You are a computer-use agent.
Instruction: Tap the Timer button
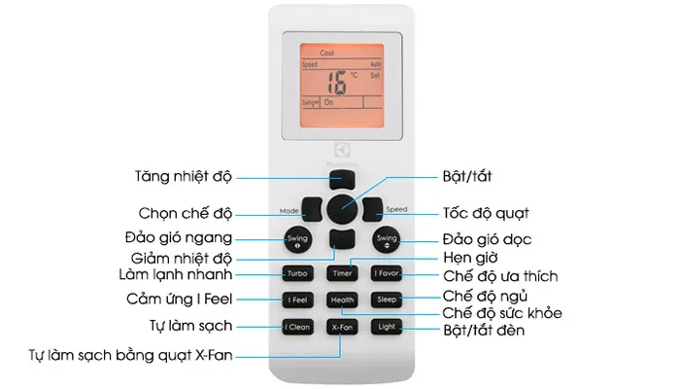[x=341, y=274]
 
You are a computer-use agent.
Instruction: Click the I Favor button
[x=387, y=274]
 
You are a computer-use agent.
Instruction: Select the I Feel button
[x=297, y=301]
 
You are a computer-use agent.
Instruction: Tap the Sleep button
[x=387, y=301]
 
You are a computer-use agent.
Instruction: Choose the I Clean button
[x=297, y=328]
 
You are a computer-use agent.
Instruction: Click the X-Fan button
[x=341, y=328]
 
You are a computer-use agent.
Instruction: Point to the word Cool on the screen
[x=341, y=54]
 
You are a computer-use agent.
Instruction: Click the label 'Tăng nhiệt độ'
[x=182, y=177]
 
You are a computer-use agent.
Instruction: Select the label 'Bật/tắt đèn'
[x=482, y=332]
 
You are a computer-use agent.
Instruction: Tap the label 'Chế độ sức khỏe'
[x=502, y=313]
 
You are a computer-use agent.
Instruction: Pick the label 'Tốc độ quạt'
[x=486, y=212]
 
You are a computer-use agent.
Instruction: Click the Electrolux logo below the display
[x=341, y=150]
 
